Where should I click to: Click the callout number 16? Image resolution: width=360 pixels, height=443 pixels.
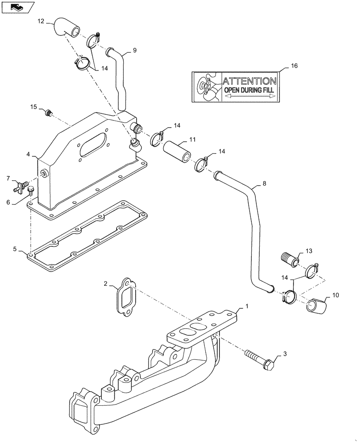click(x=294, y=66)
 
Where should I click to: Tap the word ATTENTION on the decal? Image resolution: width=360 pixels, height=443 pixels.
click(x=249, y=81)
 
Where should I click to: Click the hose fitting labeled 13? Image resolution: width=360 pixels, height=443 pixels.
click(x=289, y=258)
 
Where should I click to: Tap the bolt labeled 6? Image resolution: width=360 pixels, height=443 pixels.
click(x=31, y=191)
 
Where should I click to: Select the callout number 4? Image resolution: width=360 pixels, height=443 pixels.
click(x=28, y=155)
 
